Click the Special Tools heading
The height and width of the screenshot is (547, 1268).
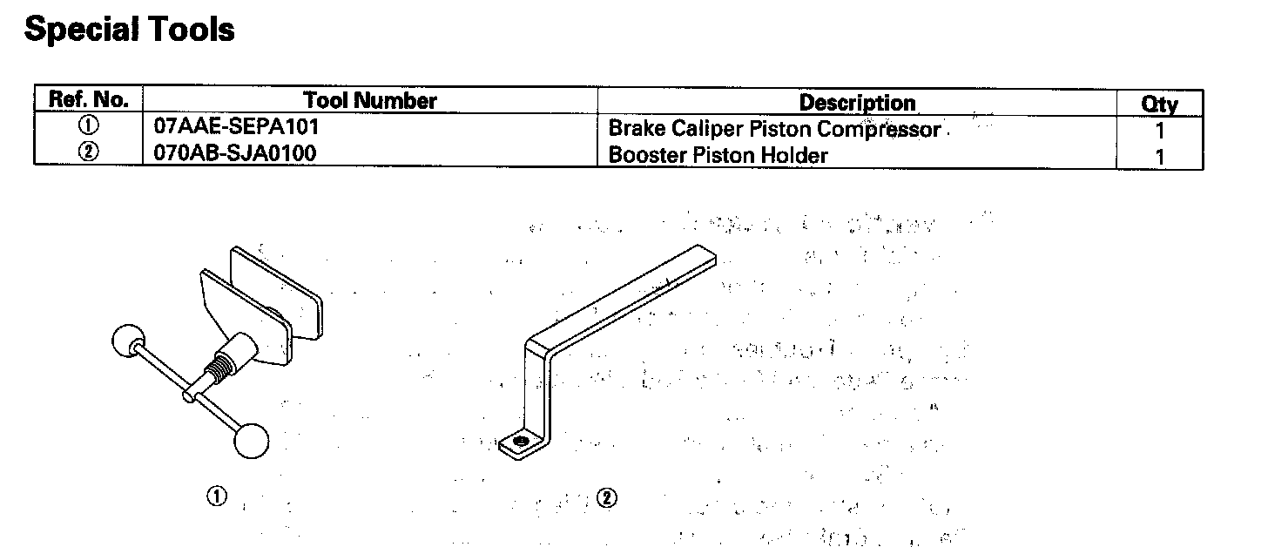pos(129,30)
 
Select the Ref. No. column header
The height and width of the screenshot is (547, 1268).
pos(89,98)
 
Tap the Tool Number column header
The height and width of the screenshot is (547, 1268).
pos(370,100)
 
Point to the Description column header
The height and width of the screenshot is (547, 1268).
pos(857,103)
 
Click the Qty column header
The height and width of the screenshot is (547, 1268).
pos(1159,105)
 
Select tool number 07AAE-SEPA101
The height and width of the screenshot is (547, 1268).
pos(236,125)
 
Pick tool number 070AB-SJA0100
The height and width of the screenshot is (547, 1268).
pos(234,153)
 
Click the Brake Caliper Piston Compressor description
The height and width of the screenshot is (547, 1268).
pos(774,130)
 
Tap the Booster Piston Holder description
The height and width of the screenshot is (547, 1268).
pos(718,156)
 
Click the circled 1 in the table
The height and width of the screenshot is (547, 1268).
pos(89,125)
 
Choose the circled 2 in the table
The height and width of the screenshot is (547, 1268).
pos(89,152)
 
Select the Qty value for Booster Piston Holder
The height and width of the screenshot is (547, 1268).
pos(1159,157)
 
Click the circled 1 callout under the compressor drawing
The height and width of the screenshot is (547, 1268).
pos(216,496)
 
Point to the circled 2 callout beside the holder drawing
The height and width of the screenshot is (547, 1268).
pos(607,498)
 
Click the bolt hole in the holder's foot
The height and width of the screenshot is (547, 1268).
pos(521,442)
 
